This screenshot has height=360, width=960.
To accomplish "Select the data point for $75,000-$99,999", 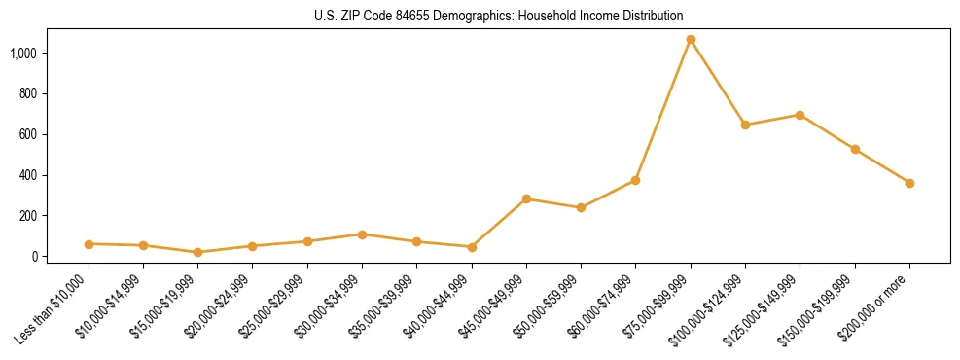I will click(691, 40).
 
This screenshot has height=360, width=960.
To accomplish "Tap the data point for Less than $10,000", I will click(89, 244).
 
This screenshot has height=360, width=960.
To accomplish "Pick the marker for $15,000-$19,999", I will click(198, 252).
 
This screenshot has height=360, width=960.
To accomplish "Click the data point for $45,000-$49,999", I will click(526, 198).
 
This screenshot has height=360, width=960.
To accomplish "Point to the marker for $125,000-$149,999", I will click(800, 115).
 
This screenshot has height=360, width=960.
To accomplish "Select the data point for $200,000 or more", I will click(909, 183).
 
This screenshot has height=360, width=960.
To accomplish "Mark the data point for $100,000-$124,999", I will click(745, 125).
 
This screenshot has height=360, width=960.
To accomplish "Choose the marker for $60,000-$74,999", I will click(635, 180).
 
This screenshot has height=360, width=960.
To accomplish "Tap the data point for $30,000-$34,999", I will click(362, 234).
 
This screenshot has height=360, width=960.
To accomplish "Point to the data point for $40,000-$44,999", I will click(472, 247).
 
